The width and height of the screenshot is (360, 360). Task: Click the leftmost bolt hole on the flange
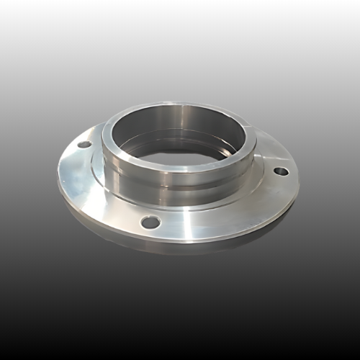(x=85, y=144)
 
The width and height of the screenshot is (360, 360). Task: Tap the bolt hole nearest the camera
(x=150, y=222)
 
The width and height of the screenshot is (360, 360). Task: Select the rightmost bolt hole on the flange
(x=282, y=171)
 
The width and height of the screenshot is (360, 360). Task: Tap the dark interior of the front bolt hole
(x=150, y=222)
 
